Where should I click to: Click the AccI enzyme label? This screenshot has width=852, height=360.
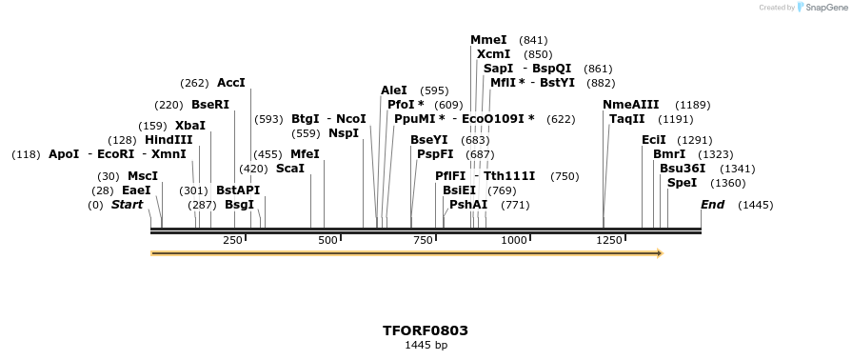point(231,83)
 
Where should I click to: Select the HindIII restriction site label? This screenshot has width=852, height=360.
point(168,140)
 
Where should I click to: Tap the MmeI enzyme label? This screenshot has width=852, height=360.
point(488,40)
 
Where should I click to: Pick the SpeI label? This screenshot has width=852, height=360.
point(682,183)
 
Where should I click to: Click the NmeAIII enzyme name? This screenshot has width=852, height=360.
point(630,105)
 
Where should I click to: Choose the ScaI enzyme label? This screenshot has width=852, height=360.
point(290,169)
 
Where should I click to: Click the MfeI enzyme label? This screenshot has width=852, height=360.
point(305,154)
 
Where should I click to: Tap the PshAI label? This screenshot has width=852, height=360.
point(468,205)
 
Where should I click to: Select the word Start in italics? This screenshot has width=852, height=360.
point(128,205)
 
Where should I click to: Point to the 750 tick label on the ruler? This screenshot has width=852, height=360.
point(423,241)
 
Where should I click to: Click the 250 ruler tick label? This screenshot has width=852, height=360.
point(232,241)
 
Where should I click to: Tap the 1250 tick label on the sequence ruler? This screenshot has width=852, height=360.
point(609,241)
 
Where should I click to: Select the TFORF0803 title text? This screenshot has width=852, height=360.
point(426,330)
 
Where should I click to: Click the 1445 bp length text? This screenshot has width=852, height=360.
point(426,345)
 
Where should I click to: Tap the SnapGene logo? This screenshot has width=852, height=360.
point(824,8)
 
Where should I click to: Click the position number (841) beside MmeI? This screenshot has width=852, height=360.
point(533,40)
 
